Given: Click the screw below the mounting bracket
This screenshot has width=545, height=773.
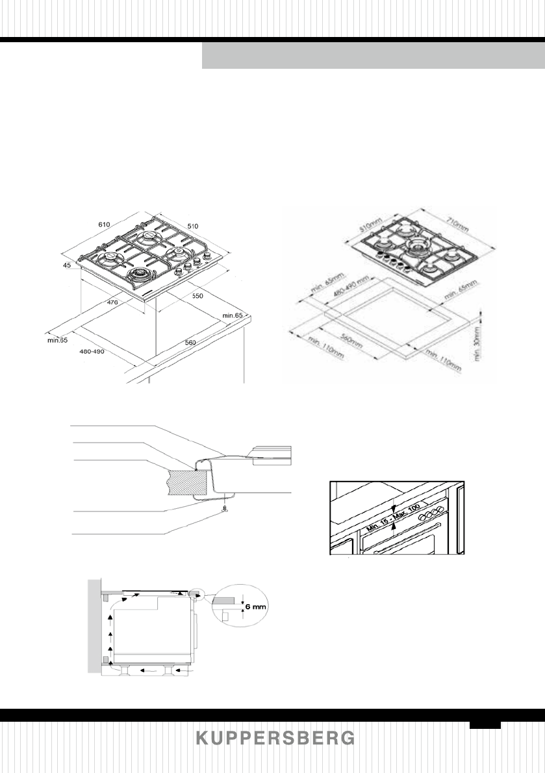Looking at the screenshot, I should click(223, 509).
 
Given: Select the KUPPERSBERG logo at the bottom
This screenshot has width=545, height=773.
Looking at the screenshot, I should click(275, 739).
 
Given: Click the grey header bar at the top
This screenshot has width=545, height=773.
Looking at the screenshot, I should click(373, 56).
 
